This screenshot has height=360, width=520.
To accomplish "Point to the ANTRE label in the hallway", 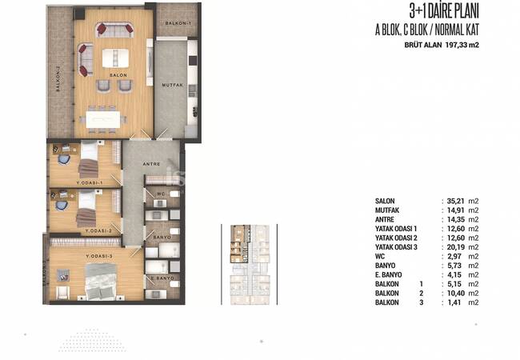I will tap(151, 165).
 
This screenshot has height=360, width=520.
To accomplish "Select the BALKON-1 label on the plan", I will tap(177, 24).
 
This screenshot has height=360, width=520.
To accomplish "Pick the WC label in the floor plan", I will tap(160, 194).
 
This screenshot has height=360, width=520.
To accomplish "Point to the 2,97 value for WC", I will tap(458, 257).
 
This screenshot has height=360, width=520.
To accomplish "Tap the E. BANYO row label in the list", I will tap(391, 276).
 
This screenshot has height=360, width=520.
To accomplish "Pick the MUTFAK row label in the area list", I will tap(388, 210).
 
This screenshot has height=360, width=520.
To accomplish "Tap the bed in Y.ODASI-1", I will tap(88, 158).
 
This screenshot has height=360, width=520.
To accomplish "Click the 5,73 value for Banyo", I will tap(458, 266).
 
